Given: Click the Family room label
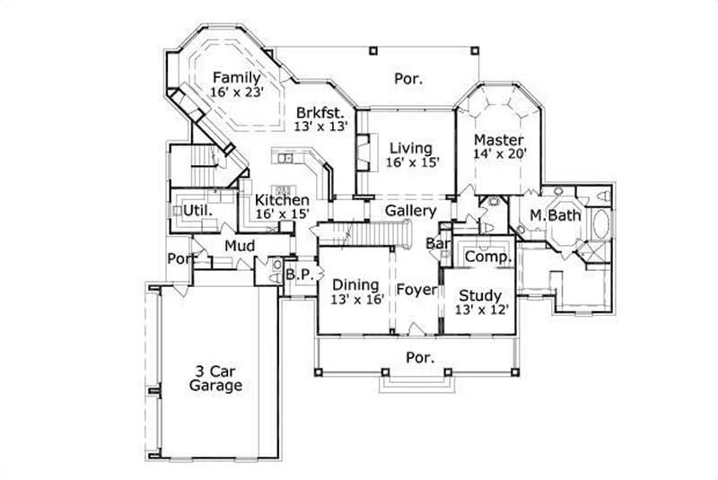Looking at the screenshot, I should (237, 78).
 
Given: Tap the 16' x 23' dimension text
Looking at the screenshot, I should (237, 92).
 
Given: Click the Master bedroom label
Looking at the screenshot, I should (499, 140).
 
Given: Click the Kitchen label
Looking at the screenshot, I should (282, 200).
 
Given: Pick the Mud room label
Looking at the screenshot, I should (240, 246).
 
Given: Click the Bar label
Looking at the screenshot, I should (437, 243).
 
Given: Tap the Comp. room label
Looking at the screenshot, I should (488, 257).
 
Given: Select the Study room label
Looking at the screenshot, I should (480, 295).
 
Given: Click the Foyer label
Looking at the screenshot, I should (416, 290).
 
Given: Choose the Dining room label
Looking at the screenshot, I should (357, 286).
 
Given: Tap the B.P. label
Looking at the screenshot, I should (299, 275).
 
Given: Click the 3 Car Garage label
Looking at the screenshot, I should (215, 378).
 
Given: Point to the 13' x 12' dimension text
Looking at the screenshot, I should (483, 310).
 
